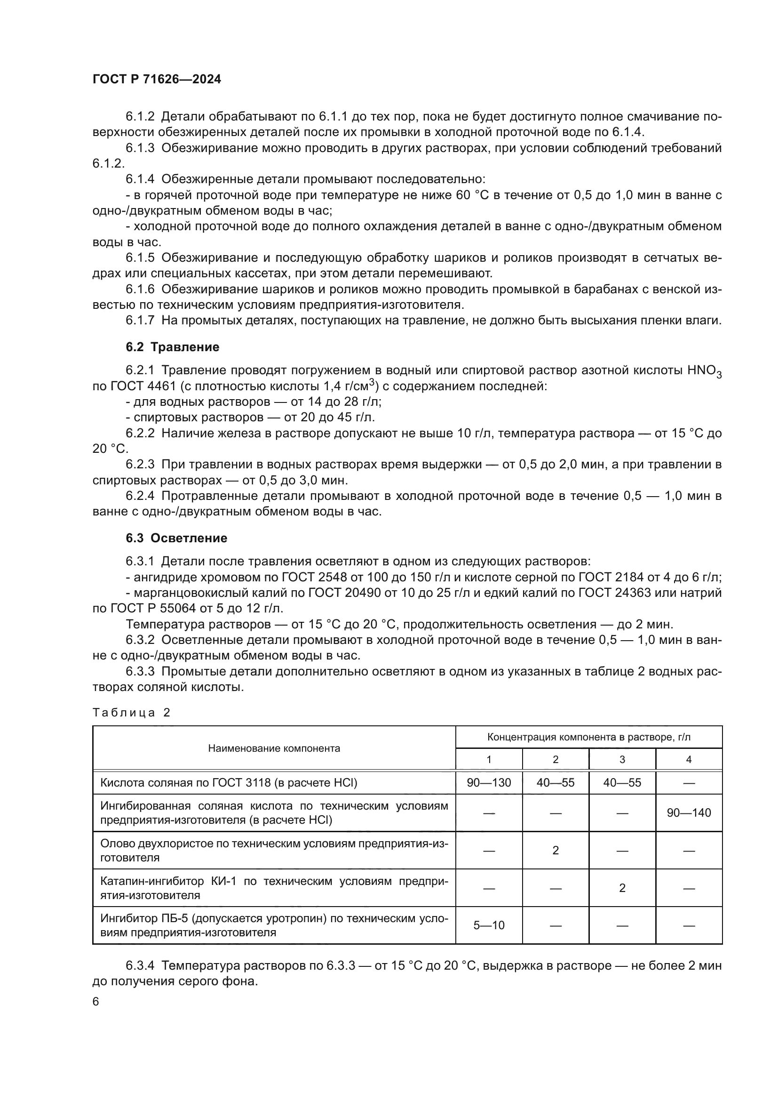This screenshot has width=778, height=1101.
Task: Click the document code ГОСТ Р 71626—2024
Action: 157,80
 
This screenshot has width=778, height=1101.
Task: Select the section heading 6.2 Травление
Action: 173,347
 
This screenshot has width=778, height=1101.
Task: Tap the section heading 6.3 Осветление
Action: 176,538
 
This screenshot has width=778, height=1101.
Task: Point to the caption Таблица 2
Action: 131,713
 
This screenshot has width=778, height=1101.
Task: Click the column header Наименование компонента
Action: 274,748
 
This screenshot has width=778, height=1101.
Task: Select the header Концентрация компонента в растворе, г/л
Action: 589,737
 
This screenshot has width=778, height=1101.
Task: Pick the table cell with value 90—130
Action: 489,783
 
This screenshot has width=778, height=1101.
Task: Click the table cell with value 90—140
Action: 689,813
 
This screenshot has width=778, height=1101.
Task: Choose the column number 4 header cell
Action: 689,760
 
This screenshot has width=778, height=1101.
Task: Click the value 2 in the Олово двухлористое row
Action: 555,851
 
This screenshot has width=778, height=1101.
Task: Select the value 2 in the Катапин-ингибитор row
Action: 622,888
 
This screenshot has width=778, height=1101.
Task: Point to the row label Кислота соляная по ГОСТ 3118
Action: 229,783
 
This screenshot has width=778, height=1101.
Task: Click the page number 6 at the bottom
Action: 96,1002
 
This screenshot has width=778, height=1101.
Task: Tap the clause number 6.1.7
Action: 140,321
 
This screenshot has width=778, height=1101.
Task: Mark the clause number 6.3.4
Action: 140,966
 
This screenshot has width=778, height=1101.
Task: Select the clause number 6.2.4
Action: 140,496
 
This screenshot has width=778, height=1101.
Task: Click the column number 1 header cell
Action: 489,760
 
